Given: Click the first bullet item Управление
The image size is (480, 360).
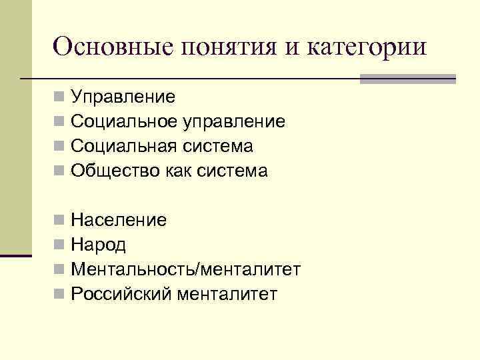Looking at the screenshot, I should tap(123, 97).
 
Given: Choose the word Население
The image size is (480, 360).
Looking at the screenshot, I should tap(119, 220).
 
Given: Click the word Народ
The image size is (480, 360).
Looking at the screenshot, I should tap(98, 245).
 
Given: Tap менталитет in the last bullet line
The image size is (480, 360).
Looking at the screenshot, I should tap(227, 294).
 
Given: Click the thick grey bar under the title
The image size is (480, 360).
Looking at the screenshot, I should tap(407, 79).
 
